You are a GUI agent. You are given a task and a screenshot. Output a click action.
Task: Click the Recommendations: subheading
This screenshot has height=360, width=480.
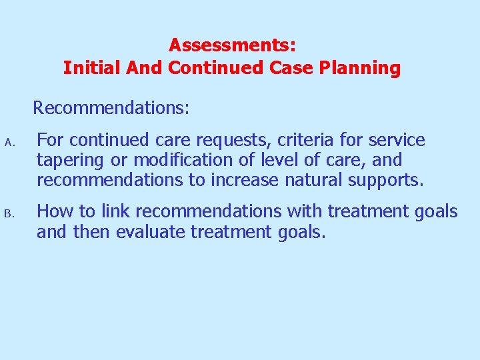pos(111,108)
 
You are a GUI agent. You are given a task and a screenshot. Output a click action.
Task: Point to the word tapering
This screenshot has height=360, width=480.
pos(70,161)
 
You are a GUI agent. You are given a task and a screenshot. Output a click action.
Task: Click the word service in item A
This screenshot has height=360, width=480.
pos(396,141)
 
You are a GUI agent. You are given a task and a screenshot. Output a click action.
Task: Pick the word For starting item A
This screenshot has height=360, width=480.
pos(50,141)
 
